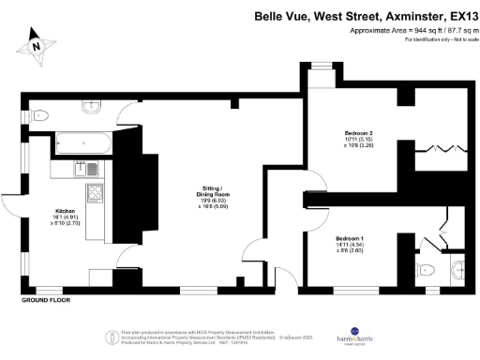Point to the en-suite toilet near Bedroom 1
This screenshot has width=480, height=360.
[448, 270]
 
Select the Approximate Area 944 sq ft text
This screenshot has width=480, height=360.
[408, 31]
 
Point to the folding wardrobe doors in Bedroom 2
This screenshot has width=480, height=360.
[442, 148]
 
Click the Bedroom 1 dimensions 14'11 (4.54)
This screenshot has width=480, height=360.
[350, 247]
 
